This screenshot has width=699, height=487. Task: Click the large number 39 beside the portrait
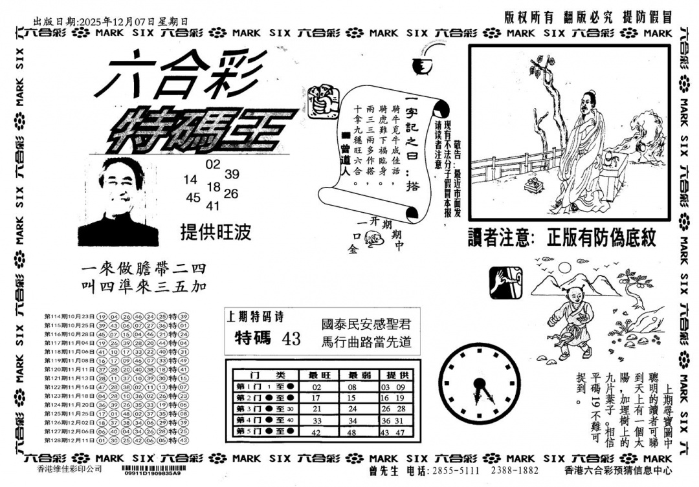232,174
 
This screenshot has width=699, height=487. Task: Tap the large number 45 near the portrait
193,198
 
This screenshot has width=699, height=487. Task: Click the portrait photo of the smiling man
120,201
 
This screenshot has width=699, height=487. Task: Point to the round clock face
482,385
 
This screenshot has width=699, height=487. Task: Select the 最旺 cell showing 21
316,409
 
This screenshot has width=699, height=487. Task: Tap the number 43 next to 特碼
291,338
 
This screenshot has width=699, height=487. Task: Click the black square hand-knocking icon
505,283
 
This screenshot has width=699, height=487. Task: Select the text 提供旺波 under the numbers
216,232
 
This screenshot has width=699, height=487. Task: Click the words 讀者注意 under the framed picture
498,239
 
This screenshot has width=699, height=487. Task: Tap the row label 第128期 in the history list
58,440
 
